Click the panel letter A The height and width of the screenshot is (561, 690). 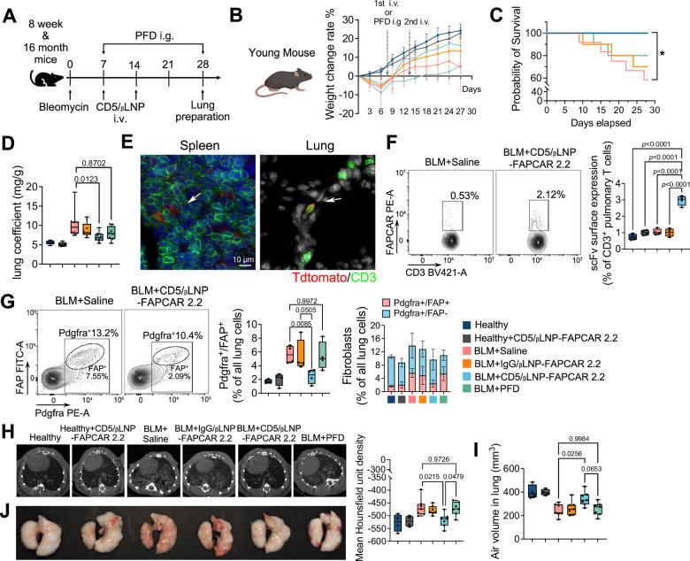11,13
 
